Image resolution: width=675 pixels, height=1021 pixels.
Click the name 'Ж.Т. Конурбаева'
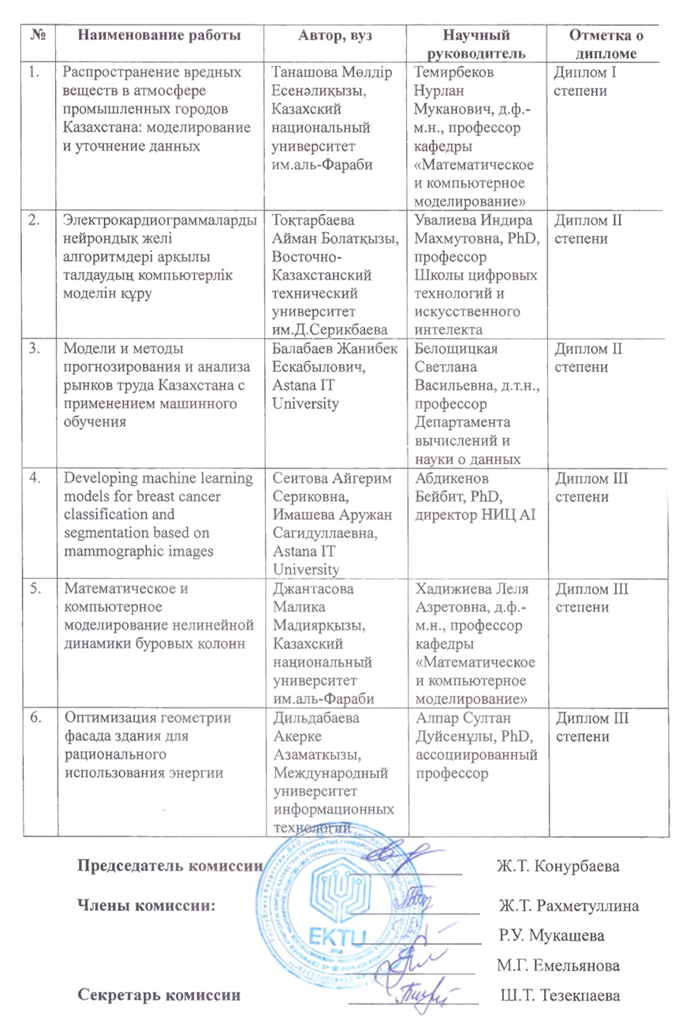557,867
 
